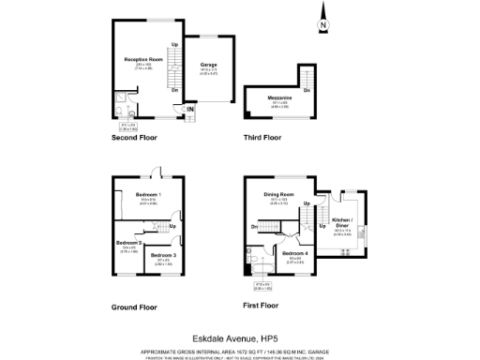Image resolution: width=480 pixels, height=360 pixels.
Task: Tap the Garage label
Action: coord(208,66)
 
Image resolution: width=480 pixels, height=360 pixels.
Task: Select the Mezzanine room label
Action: coord(268,97)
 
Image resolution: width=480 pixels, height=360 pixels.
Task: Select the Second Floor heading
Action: coord(134,138)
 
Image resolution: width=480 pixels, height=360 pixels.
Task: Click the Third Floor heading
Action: coord(262,138)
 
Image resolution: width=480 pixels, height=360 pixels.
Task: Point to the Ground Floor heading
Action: coord(134,307)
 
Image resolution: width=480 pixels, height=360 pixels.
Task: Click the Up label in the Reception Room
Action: coord(174,45)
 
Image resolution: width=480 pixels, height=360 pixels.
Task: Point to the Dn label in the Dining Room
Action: coord(255,227)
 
